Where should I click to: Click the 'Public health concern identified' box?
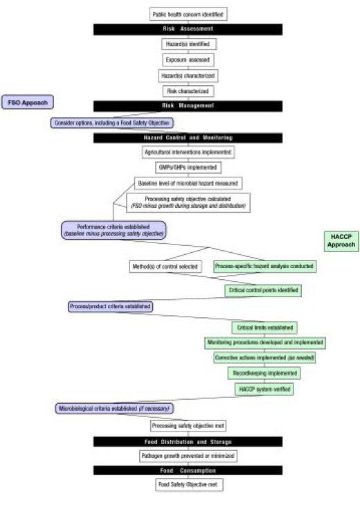[188, 14]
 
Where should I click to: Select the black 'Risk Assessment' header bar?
[188, 29]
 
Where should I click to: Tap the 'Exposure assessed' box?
[188, 60]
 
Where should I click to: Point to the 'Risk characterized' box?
[188, 90]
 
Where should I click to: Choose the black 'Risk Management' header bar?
[188, 106]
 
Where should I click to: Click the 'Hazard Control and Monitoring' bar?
[188, 137]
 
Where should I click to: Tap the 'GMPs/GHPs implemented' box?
[188, 167]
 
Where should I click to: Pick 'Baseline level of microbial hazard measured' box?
[188, 183]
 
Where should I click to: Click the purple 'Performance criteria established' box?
[114, 230]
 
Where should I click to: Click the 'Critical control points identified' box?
[262, 290]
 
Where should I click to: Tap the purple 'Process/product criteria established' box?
[110, 305]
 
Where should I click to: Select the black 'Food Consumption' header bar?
[188, 470]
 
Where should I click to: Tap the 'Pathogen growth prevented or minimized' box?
[188, 456]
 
